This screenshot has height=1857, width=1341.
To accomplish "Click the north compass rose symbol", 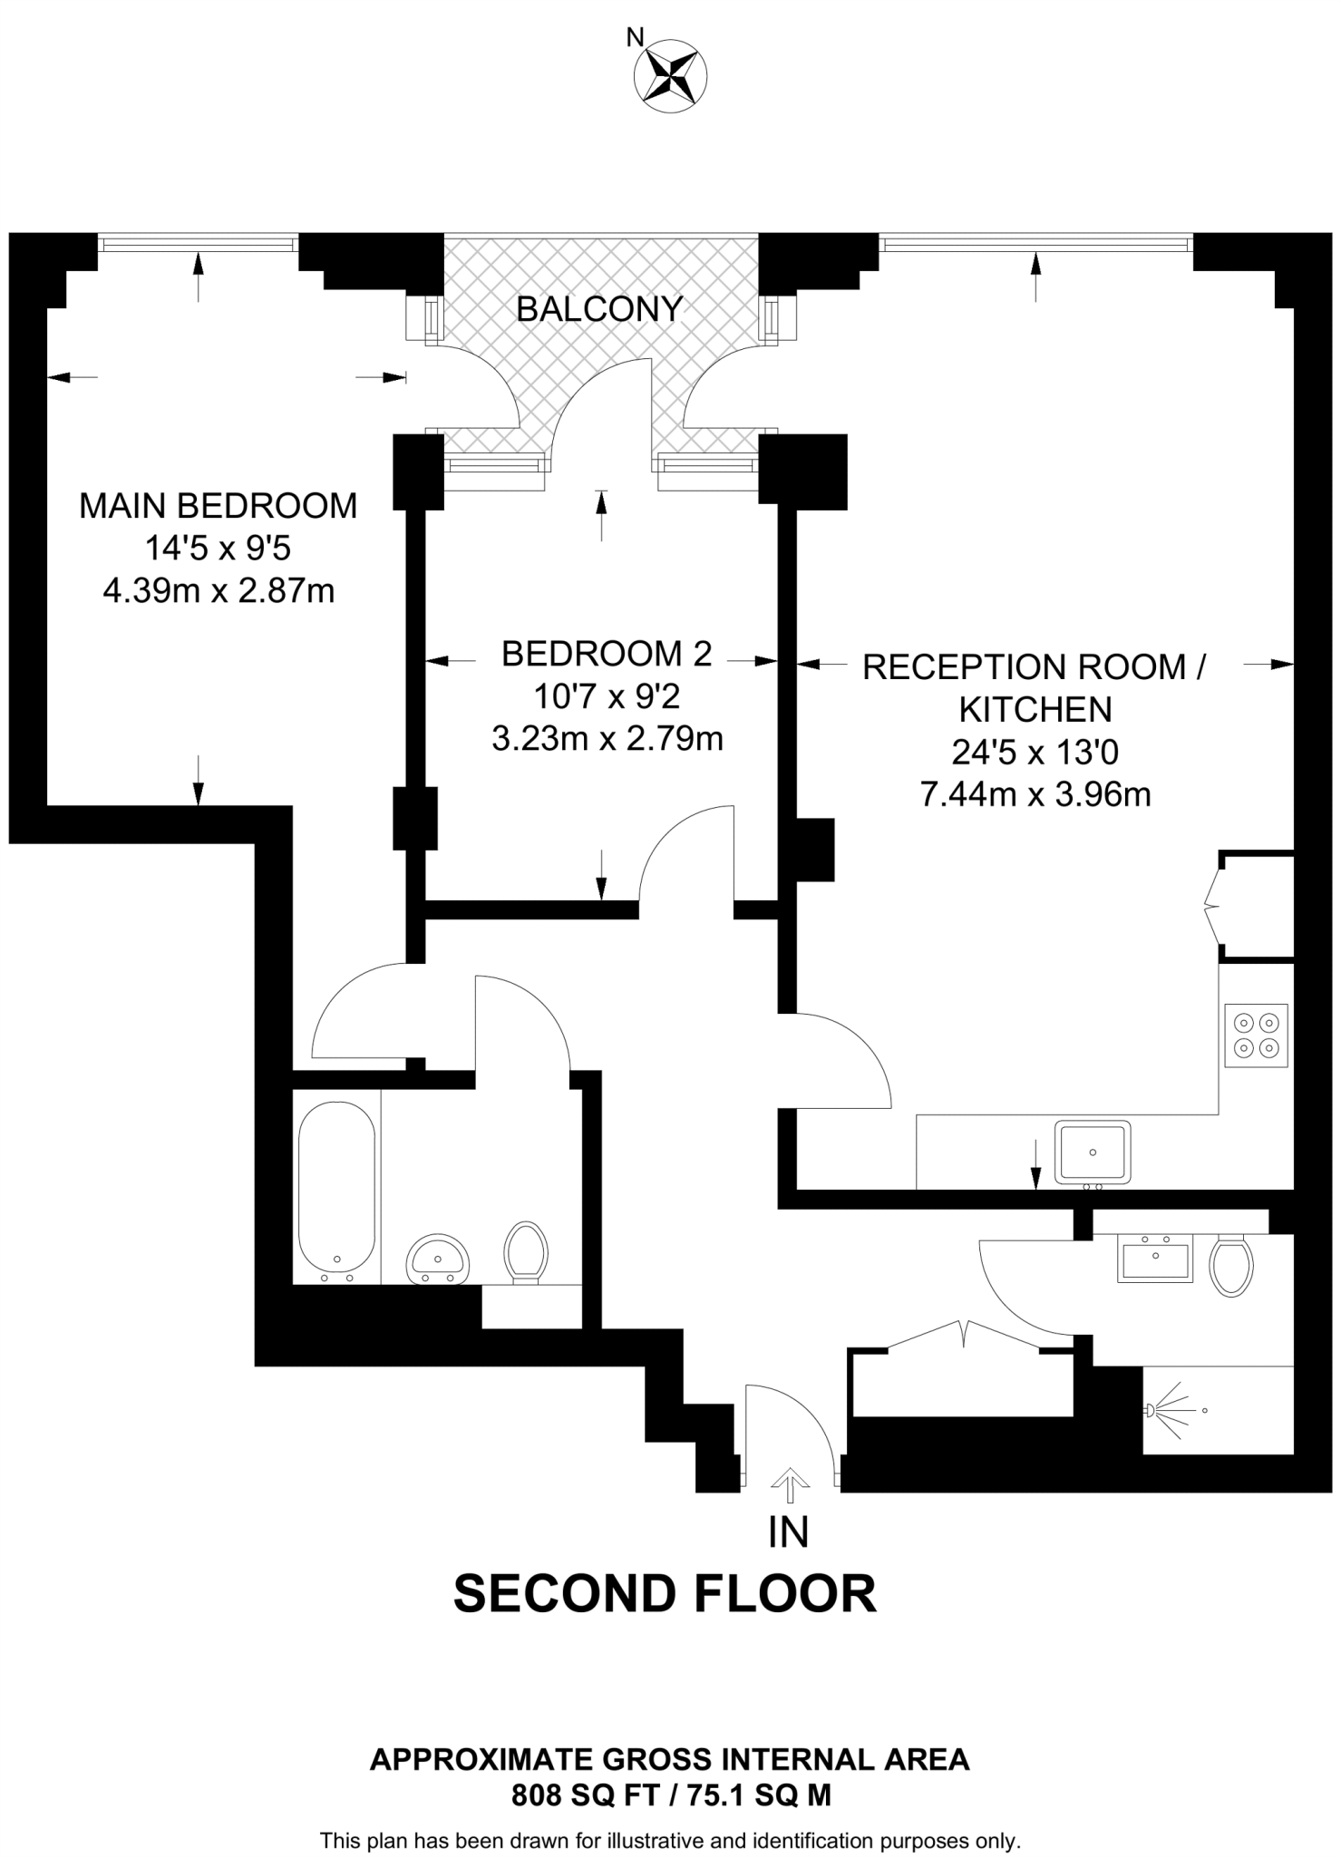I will click(x=672, y=78).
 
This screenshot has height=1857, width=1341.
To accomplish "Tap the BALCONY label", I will click(x=598, y=310).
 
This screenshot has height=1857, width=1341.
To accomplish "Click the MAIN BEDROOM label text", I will click(x=219, y=505).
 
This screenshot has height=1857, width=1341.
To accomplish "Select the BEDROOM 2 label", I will click(x=607, y=654).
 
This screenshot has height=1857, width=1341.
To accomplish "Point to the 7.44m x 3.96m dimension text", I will click(x=1035, y=795).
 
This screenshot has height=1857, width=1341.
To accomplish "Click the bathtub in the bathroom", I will click(x=336, y=1188).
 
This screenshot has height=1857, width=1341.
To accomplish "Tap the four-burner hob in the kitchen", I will click(x=1256, y=1035).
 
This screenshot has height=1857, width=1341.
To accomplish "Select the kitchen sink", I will click(x=1093, y=1152).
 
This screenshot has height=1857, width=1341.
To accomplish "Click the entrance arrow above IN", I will click(x=790, y=1486).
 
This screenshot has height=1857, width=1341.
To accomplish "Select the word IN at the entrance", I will click(x=788, y=1532).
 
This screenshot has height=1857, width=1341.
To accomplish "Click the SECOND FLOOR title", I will click(x=665, y=1619).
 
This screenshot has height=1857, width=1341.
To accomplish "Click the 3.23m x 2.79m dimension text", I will click(x=607, y=740).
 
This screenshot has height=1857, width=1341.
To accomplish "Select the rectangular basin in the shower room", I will click(x=1155, y=1259).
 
